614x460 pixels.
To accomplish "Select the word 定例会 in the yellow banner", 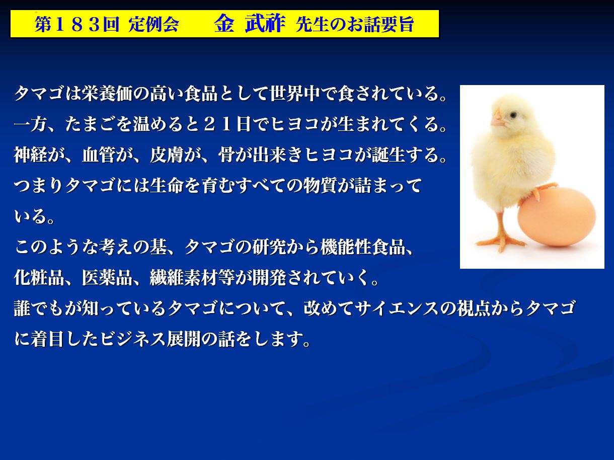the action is (x=153, y=24).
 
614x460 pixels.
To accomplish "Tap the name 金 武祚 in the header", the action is (x=250, y=24).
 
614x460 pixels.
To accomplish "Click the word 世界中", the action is (x=294, y=94).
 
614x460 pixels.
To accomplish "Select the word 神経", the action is (x=31, y=155).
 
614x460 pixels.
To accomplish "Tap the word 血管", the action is (x=99, y=155).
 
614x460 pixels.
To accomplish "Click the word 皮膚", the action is (x=167, y=155).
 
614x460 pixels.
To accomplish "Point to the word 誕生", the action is (x=389, y=155).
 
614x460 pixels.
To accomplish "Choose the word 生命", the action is (x=167, y=185).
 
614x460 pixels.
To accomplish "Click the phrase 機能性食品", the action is (x=363, y=247).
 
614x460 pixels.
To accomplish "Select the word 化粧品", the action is (x=39, y=278).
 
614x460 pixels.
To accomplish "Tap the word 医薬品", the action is (x=107, y=278).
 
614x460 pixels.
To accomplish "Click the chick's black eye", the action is (x=513, y=115).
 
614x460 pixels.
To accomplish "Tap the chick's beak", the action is (x=498, y=119).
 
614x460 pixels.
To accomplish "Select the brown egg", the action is (x=557, y=217).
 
